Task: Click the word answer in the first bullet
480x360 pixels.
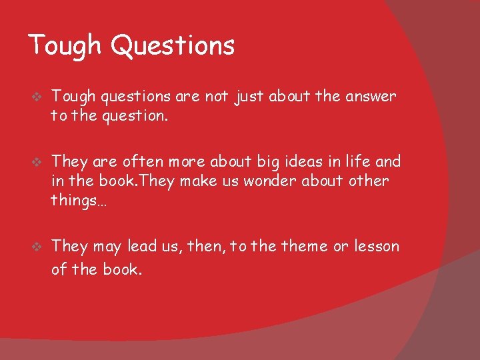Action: coord(370,97)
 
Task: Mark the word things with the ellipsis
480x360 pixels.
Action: coord(78,200)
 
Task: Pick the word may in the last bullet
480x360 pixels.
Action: coord(106,247)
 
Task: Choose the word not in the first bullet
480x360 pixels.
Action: coord(216,97)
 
